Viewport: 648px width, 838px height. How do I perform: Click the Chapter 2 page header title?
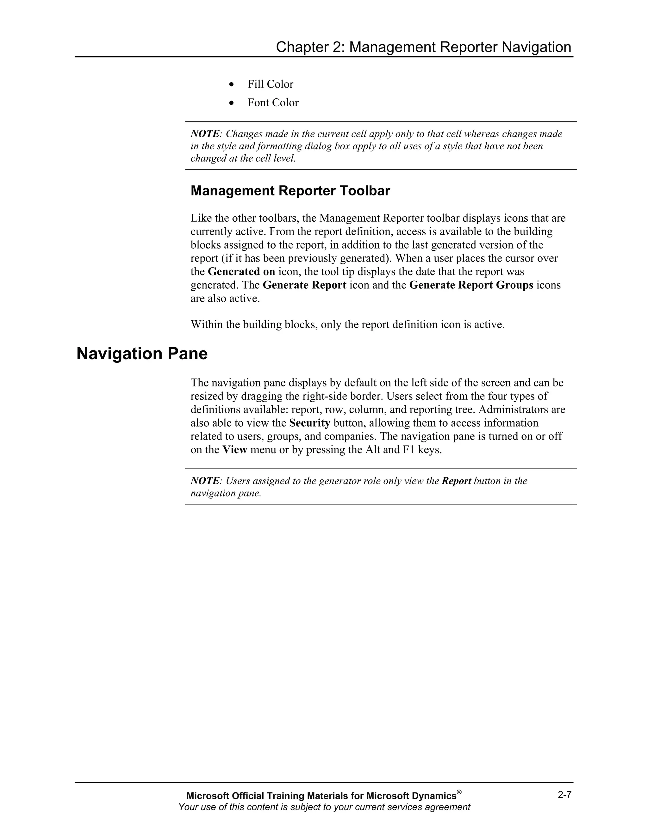pyautogui.click(x=423, y=47)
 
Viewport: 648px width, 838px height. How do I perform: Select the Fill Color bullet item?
pyautogui.click(x=270, y=84)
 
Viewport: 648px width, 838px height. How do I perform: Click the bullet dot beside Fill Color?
pyautogui.click(x=231, y=84)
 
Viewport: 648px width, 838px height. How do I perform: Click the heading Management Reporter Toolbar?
pyautogui.click(x=290, y=191)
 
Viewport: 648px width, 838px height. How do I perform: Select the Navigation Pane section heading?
pyautogui.click(x=142, y=354)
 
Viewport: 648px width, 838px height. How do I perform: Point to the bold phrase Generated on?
pyautogui.click(x=241, y=272)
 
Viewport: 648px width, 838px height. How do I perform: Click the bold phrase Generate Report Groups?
pyautogui.click(x=471, y=285)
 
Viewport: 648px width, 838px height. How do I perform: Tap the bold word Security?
pyautogui.click(x=309, y=423)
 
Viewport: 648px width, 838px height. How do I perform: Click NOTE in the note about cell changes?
pyautogui.click(x=205, y=134)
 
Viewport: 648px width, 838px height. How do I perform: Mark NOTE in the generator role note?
pyautogui.click(x=205, y=481)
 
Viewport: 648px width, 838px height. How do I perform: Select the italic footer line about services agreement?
pyautogui.click(x=324, y=807)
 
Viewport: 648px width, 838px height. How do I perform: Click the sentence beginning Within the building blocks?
pyautogui.click(x=347, y=325)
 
